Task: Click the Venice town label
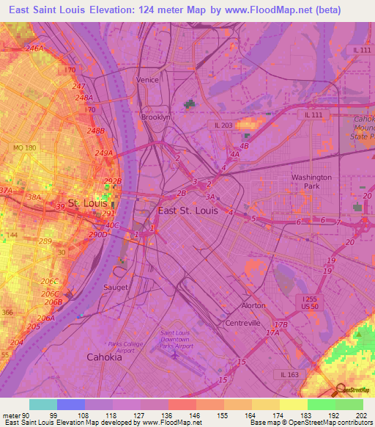(147, 79)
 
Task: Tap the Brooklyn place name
(155, 117)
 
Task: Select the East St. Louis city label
(187, 211)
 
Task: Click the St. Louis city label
(86, 202)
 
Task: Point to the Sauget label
(116, 287)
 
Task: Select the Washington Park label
(311, 182)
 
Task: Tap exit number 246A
(34, 48)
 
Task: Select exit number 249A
(104, 153)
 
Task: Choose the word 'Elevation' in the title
(102, 11)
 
